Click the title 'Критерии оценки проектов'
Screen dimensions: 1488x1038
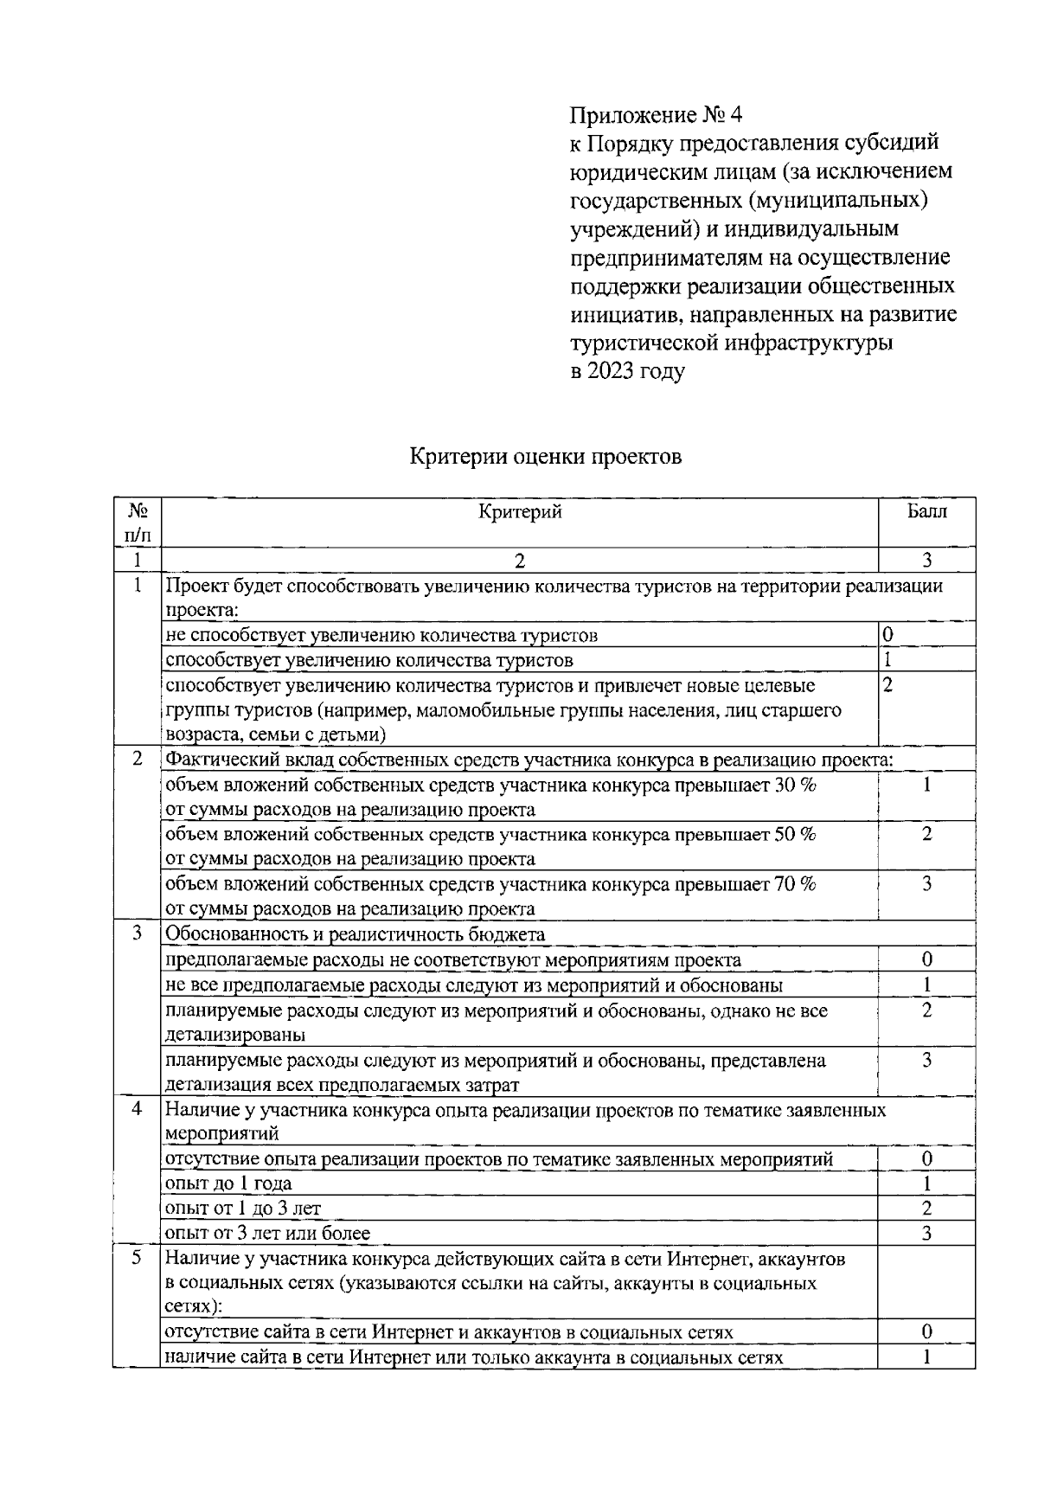[545, 456]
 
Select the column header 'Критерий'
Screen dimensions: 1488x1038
[520, 512]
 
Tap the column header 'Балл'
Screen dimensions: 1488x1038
[926, 511]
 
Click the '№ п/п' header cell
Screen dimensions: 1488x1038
[137, 523]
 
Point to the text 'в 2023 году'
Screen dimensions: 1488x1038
[627, 372]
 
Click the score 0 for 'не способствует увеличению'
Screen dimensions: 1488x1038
[887, 635]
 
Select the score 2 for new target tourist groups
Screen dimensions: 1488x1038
[887, 685]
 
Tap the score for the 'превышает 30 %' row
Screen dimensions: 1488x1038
[926, 786]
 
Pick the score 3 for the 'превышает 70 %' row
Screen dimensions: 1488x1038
[926, 884]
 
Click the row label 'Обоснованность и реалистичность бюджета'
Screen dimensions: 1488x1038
[355, 934]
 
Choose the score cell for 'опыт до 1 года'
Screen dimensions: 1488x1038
[926, 1183]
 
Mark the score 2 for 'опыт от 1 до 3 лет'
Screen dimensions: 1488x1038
[926, 1209]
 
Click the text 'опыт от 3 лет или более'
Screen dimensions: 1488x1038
[267, 1234]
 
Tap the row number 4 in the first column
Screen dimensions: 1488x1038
[137, 1109]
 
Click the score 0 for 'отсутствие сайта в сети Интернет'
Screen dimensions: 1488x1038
[926, 1332]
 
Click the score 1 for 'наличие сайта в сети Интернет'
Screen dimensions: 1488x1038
[926, 1357]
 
